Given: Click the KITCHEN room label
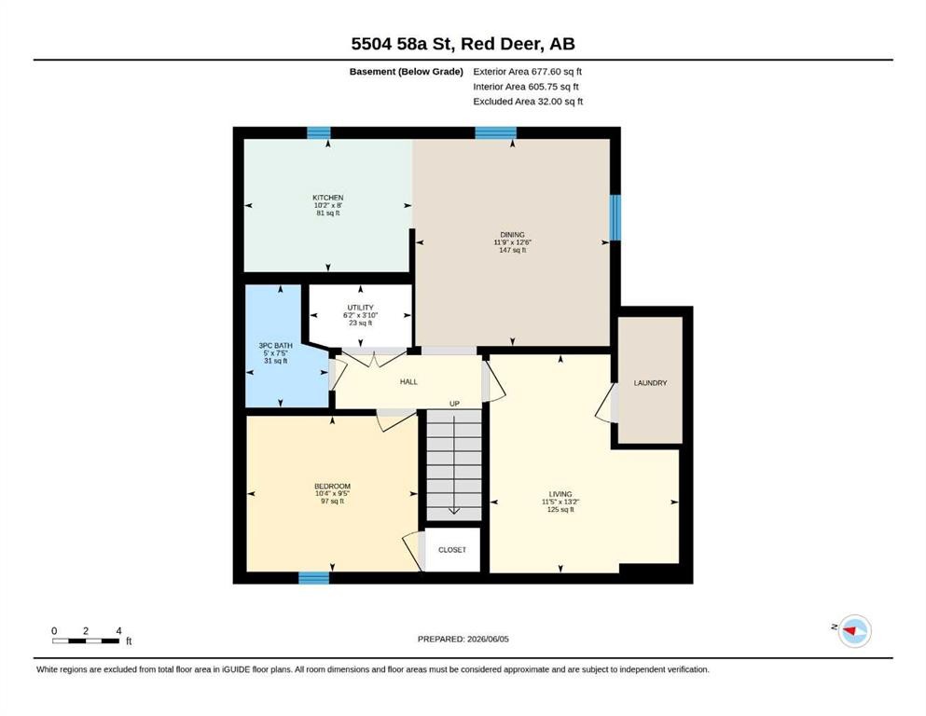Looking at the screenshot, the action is tap(327, 198).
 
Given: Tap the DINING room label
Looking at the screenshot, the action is tap(512, 234).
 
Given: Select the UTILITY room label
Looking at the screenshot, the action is tap(360, 308).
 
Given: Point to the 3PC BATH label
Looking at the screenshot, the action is tap(275, 345).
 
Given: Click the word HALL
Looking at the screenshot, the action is tap(408, 382).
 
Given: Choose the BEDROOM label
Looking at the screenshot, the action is tap(332, 487).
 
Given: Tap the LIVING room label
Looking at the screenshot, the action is tap(560, 494).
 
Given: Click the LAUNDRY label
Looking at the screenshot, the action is tap(650, 383).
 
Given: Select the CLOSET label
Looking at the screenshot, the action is tap(452, 549).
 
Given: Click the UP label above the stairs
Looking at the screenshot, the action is tap(454, 404).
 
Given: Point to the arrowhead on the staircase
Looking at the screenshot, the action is tap(453, 511).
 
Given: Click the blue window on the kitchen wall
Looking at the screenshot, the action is tap(318, 132).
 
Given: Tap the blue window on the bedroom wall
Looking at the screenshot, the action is tap(313, 578).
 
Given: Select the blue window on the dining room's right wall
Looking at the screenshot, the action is tap(615, 218).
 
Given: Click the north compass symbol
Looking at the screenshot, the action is tap(854, 631).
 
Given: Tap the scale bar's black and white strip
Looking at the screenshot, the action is tap(86, 641).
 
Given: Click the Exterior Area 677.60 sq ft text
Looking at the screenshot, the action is tap(528, 72).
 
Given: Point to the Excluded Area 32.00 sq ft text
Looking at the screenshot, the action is tap(528, 102).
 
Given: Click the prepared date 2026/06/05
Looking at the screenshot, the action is tap(488, 639).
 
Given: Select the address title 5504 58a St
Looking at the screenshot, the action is tap(403, 44).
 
